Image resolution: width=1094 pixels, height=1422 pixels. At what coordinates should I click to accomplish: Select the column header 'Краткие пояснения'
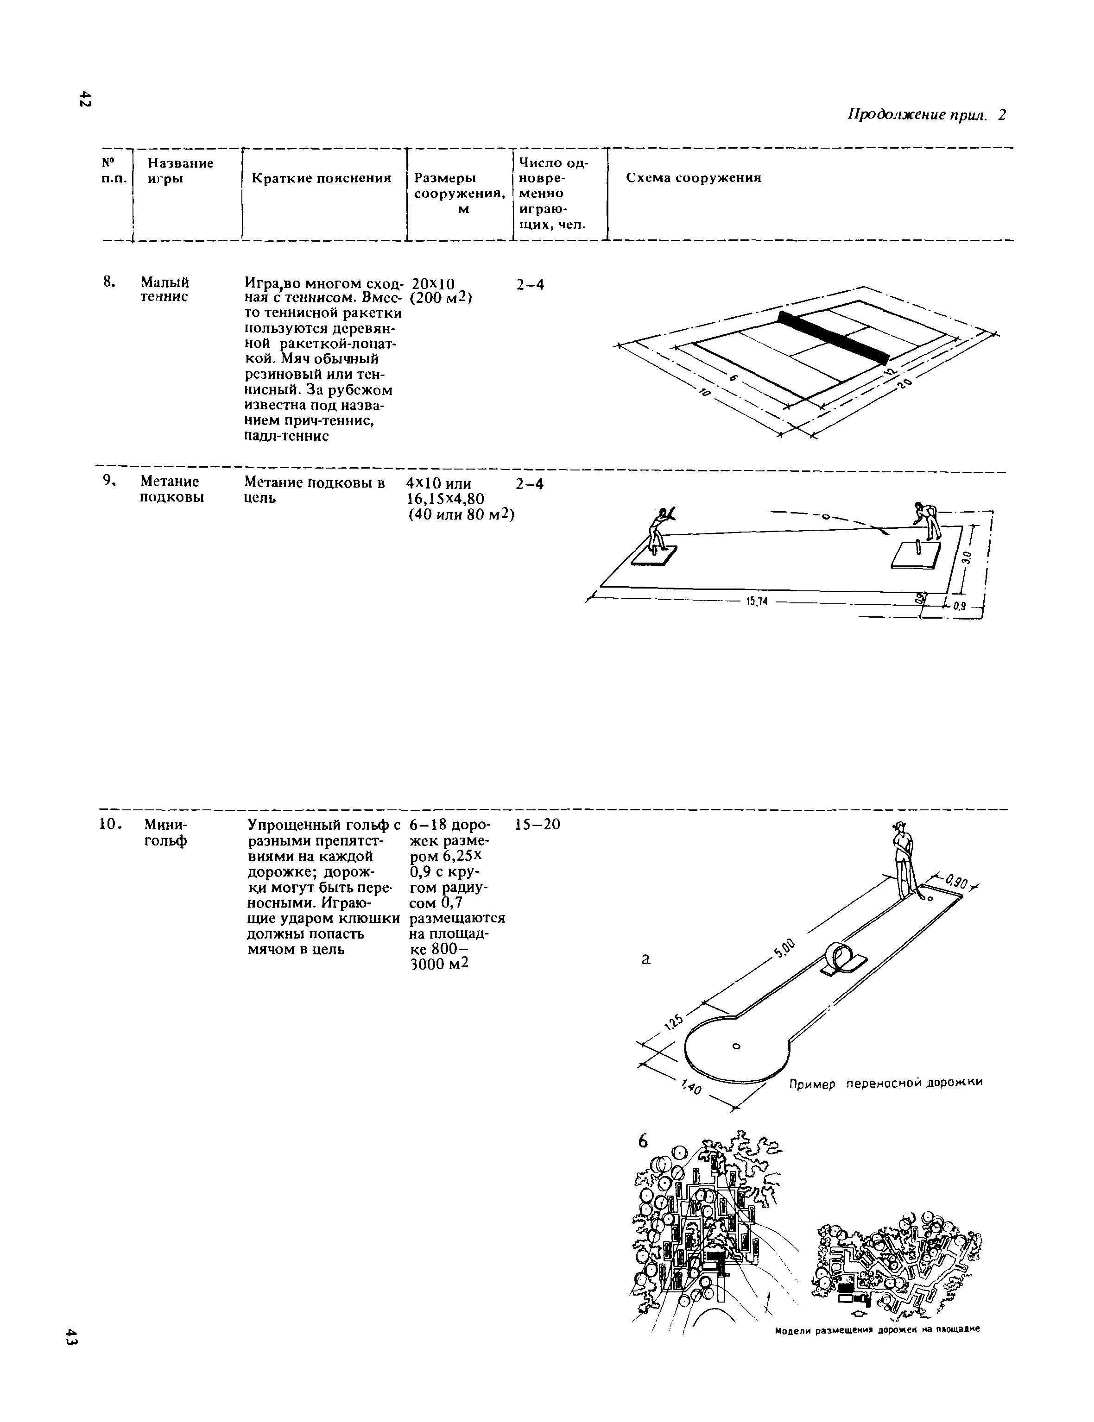tap(321, 178)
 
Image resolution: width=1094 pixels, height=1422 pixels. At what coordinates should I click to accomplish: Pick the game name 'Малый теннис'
tap(165, 289)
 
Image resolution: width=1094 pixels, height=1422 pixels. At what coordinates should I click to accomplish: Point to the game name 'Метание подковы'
tap(170, 489)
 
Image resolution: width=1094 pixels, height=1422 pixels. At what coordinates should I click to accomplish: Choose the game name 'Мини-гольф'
tap(165, 833)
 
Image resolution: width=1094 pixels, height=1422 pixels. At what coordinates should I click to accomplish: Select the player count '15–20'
tap(537, 825)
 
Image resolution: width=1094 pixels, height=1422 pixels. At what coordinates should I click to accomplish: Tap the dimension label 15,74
tap(757, 601)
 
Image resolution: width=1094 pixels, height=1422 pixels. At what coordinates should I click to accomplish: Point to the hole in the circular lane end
tap(736, 1046)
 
